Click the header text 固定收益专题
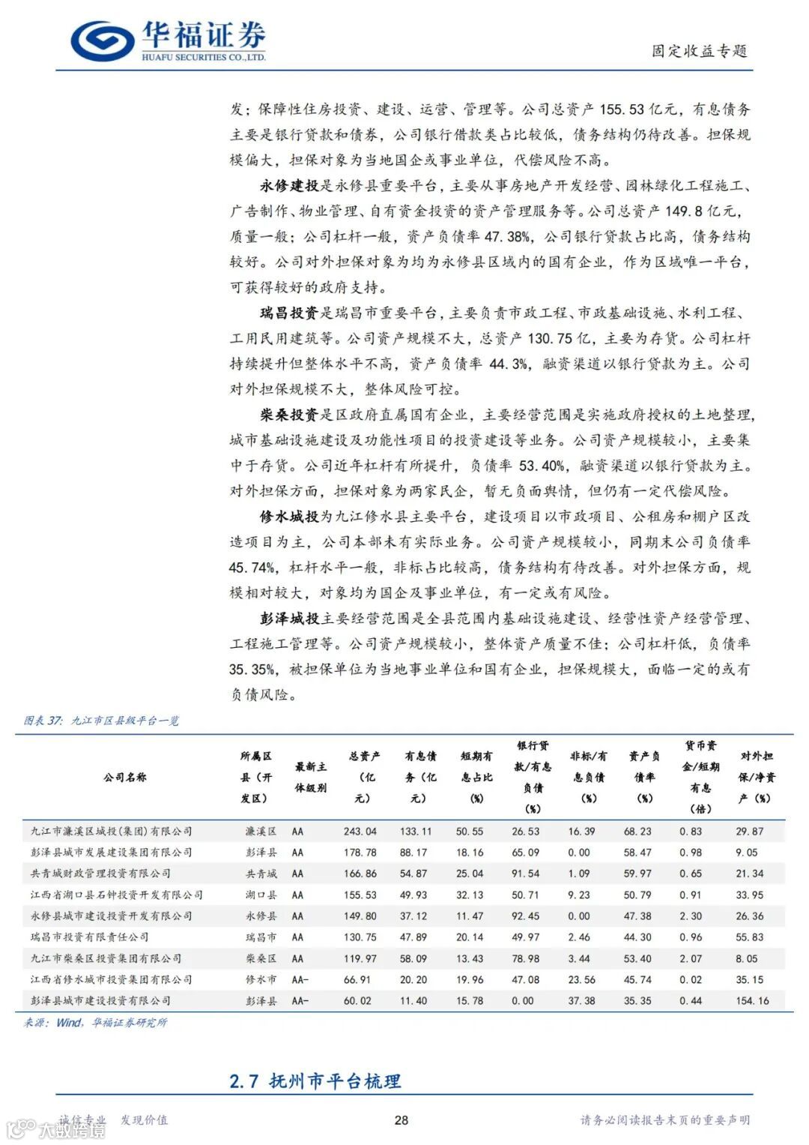pos(699,51)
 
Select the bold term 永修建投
pos(289,186)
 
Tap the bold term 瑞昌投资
pos(289,313)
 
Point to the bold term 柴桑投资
pos(289,415)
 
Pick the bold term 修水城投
pos(289,517)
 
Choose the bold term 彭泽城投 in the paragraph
pos(289,619)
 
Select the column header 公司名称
pos(125,778)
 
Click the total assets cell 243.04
pos(360,832)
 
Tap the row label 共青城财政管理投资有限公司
pos(100,874)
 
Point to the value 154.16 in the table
pos(753,1001)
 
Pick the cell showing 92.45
pos(525,916)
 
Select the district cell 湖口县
pos(261,895)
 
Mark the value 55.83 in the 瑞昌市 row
pos(750,937)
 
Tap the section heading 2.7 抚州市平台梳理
pos(315,1081)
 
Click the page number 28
pos(402,1120)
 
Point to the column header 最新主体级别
pos(310,778)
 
